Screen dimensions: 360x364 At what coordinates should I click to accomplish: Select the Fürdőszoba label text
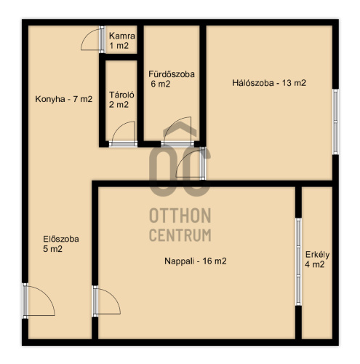click(x=172, y=74)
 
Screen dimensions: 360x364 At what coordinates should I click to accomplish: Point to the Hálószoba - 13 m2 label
click(x=269, y=83)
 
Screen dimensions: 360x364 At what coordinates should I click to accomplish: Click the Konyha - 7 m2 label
click(x=64, y=99)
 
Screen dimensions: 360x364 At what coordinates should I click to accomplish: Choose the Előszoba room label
click(x=61, y=239)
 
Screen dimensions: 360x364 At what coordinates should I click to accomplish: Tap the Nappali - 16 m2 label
click(x=196, y=261)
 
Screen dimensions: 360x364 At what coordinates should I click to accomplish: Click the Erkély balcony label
click(x=317, y=255)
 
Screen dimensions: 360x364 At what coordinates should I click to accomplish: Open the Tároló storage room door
click(x=124, y=134)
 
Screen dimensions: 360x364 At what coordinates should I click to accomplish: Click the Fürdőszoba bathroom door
click(x=177, y=132)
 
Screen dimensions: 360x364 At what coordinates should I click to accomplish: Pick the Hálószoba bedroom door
click(x=191, y=164)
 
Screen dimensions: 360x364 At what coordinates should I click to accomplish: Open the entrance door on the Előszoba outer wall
click(x=39, y=301)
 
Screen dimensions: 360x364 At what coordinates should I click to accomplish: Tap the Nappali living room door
click(x=106, y=301)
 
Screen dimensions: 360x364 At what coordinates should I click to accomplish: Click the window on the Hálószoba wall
click(x=335, y=122)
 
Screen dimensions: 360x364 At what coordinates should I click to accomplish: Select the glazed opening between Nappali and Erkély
click(x=298, y=262)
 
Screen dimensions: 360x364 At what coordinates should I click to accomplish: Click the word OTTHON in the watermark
click(x=180, y=215)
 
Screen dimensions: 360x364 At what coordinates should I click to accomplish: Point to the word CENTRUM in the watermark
click(x=180, y=235)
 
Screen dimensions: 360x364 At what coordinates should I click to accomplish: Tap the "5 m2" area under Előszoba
click(x=53, y=249)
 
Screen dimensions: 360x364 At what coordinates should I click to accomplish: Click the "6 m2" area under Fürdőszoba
click(x=161, y=84)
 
